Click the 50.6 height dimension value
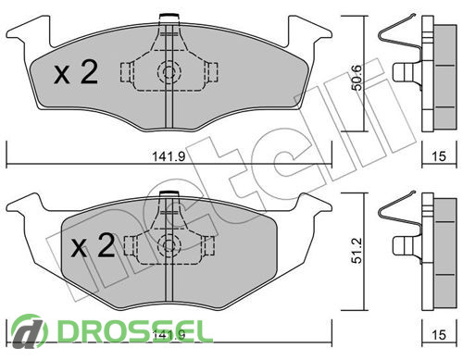357,78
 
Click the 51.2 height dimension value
357,251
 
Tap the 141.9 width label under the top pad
169,156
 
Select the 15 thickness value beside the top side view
439,156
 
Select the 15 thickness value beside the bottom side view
439,335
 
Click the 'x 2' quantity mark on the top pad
76,72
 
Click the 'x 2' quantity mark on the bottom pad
93,245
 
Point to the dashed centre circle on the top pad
169,72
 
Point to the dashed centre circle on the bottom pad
169,245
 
